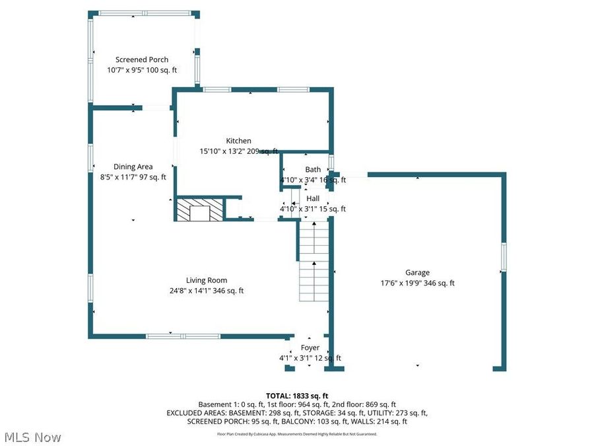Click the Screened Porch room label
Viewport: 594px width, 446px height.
[142, 59]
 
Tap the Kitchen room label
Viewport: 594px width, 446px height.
[238, 141]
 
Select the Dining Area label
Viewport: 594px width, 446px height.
[133, 167]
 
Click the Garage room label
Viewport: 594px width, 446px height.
[417, 272]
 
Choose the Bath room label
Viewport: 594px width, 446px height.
[313, 170]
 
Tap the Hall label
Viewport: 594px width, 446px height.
[313, 198]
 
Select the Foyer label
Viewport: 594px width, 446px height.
[310, 348]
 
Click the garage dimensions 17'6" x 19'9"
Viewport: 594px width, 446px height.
[417, 283]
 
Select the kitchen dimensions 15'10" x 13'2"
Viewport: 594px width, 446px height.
[238, 151]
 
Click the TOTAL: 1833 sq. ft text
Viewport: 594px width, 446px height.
[297, 395]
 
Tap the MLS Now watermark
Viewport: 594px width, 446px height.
[33, 437]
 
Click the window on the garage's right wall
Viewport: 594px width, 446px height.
[503, 257]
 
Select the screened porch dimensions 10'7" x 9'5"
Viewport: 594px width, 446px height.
[142, 70]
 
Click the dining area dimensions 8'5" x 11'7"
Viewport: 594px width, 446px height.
[133, 177]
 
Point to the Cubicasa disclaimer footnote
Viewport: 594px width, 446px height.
[297, 434]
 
